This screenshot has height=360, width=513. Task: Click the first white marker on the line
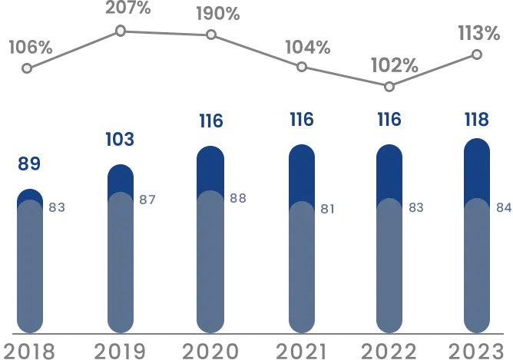27,68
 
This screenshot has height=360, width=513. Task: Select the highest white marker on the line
121,30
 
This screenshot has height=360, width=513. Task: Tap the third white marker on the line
211,35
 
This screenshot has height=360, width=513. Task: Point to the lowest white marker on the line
389,86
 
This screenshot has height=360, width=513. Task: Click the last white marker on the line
477,54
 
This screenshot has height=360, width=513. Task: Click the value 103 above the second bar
120,139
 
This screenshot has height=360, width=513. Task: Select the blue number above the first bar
30,163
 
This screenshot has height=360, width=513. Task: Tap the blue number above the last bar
476,120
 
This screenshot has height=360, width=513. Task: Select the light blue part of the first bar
30,269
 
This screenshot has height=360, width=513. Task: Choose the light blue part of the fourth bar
302,269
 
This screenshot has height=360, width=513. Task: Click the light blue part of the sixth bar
476,269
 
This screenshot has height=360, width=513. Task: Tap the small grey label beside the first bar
58,208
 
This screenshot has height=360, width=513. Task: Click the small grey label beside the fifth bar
415,208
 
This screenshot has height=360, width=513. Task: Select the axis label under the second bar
120,348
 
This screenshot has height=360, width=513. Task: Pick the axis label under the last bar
476,348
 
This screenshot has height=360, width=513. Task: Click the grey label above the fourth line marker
306,46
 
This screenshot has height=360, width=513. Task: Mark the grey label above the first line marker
31,46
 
